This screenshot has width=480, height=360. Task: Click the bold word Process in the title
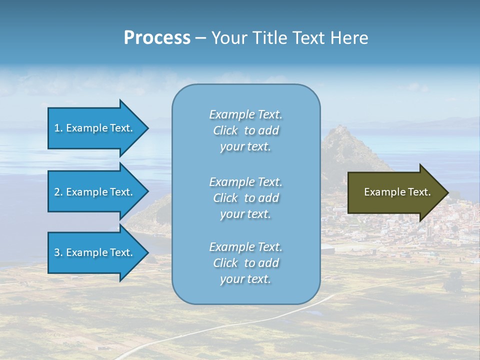156,38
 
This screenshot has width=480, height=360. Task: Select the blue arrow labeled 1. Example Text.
95,128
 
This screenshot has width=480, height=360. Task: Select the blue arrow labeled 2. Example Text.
95,192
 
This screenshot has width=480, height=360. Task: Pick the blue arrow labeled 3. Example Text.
95,252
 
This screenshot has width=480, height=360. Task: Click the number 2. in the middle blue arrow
58,192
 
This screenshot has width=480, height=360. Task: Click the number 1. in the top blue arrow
58,128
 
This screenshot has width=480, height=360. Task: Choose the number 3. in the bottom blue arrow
58,252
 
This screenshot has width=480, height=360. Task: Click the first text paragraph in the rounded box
245,130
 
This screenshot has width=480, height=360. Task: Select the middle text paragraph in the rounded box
245,198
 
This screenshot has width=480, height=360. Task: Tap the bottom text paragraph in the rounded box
245,263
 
